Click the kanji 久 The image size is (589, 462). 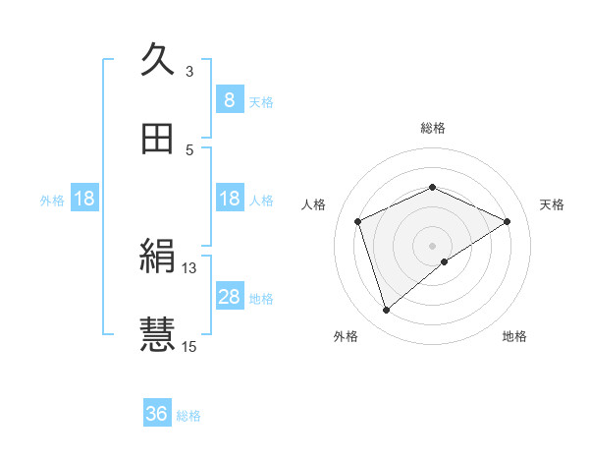click(x=157, y=60)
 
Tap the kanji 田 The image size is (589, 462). click(x=157, y=140)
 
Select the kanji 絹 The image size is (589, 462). click(x=157, y=259)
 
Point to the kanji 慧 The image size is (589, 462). click(x=157, y=335)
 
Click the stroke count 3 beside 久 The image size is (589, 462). click(x=189, y=71)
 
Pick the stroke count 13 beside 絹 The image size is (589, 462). click(x=189, y=267)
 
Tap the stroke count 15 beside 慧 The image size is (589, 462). click(x=189, y=345)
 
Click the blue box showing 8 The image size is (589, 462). click(x=229, y=99)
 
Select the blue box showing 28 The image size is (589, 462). click(x=229, y=297)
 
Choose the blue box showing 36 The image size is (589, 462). click(x=157, y=414)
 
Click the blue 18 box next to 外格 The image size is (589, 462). click(x=84, y=199)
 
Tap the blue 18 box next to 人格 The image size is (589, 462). click(x=229, y=199)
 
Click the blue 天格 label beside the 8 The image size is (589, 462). click(x=261, y=101)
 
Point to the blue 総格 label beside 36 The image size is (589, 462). click(x=189, y=416)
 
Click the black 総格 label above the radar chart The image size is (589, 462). click(x=433, y=128)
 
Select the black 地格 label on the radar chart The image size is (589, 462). click(x=514, y=336)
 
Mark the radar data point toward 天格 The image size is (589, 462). click(x=508, y=221)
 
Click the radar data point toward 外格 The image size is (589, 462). click(x=387, y=311)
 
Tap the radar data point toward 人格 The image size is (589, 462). click(x=358, y=221)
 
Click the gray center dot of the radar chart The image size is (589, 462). click(x=433, y=245)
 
